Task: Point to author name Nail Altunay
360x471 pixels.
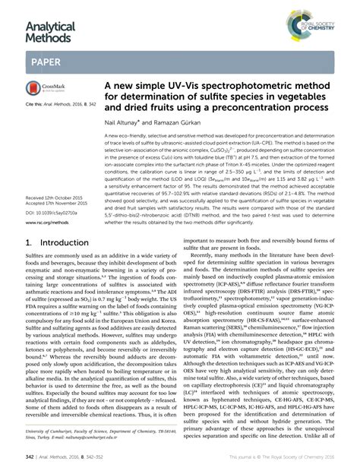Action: [125, 122]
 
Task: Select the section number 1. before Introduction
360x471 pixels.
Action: [30, 243]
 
